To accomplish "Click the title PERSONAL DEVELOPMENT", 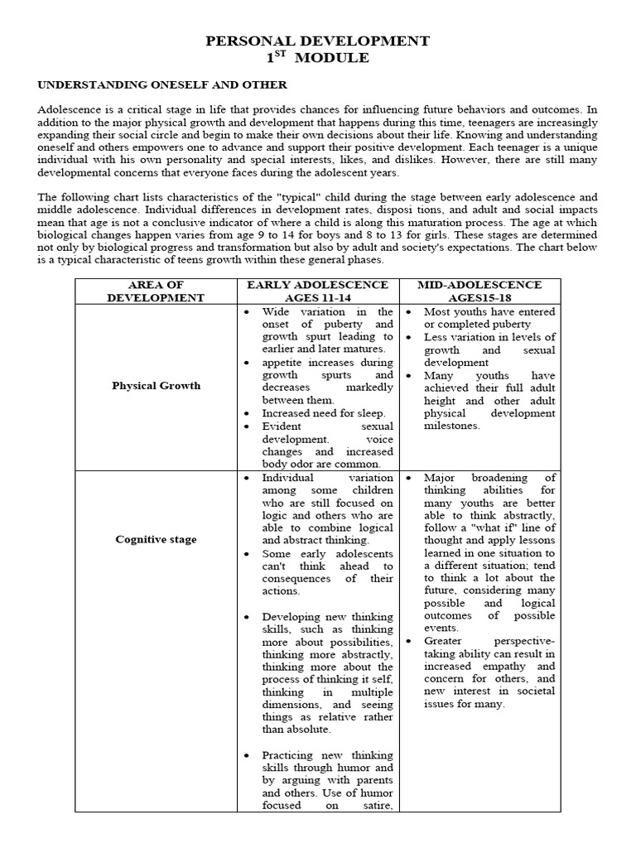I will click(x=318, y=41).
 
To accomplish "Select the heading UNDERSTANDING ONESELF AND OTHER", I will click(x=161, y=84).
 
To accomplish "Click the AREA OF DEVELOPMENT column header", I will click(x=157, y=291).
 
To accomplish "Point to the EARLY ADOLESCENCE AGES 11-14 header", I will click(x=317, y=291).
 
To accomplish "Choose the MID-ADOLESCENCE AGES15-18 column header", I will click(x=479, y=291).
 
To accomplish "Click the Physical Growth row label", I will click(x=157, y=385).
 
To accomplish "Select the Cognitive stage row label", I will click(x=157, y=539).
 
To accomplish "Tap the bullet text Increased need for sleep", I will click(x=324, y=412).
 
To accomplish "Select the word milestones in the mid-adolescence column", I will click(x=452, y=426).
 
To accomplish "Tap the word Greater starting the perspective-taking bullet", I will click(x=443, y=640).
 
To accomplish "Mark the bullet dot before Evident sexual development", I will click(x=248, y=426).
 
